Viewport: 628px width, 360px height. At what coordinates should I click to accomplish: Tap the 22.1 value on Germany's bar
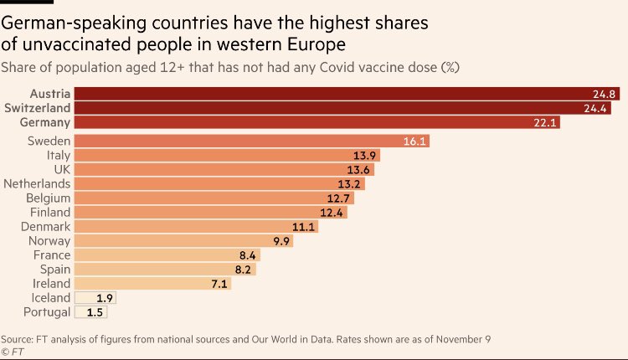543,123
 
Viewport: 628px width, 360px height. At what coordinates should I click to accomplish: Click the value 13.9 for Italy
363,156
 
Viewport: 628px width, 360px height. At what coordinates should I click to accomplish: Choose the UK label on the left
60,169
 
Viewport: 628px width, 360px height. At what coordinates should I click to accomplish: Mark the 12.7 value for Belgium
337,198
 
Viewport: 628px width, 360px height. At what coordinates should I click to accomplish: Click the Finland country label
51,213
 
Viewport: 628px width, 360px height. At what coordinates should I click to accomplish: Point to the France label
52,255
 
